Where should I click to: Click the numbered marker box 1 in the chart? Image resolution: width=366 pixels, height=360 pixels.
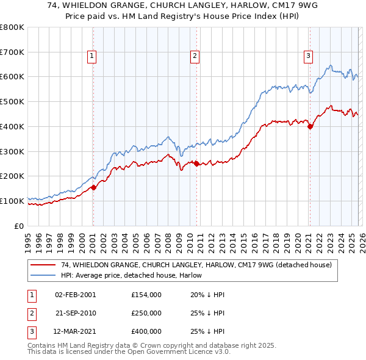click(x=92, y=56)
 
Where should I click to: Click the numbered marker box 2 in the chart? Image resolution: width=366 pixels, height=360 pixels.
click(x=195, y=56)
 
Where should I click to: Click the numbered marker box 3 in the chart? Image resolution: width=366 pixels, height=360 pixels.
click(x=308, y=56)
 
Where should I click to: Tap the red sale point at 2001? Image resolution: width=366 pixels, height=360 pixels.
click(x=93, y=187)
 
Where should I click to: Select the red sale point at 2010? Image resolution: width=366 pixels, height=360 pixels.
click(x=196, y=164)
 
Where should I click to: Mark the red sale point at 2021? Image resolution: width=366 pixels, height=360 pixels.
click(x=310, y=127)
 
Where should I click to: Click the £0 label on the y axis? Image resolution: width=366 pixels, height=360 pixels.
click(x=19, y=226)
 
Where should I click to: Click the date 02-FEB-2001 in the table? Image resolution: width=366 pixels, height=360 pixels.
click(x=75, y=295)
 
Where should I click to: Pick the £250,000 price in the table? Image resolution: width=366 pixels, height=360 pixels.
click(x=146, y=313)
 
